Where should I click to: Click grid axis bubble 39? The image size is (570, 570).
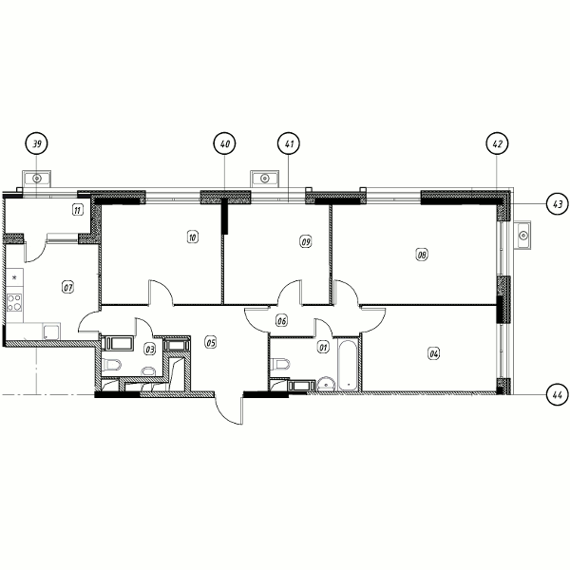coord(37,143)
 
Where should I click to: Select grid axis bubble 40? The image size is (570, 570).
coord(224,143)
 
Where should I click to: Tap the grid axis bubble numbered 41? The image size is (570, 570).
coord(289,143)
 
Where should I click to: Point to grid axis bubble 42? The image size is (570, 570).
coord(497,143)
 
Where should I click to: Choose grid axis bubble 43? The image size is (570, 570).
coord(558,203)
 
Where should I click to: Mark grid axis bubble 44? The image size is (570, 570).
coord(558,394)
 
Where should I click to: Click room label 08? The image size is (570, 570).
coord(422,255)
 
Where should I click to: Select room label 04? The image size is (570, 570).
coord(434,353)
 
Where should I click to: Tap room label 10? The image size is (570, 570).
coord(193,237)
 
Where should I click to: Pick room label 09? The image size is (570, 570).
coord(306,241)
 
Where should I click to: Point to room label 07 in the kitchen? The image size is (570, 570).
coord(68,288)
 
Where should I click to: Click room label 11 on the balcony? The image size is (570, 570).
coord(78,210)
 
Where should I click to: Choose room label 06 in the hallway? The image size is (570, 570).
coord(282,321)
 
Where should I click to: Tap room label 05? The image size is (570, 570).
coord(211,342)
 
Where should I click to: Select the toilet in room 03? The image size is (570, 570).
coord(111,364)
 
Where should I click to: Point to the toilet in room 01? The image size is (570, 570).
coord(280,364)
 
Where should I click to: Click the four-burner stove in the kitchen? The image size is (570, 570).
coord(14,303)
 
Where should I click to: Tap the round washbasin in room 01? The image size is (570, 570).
coord(327,384)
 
